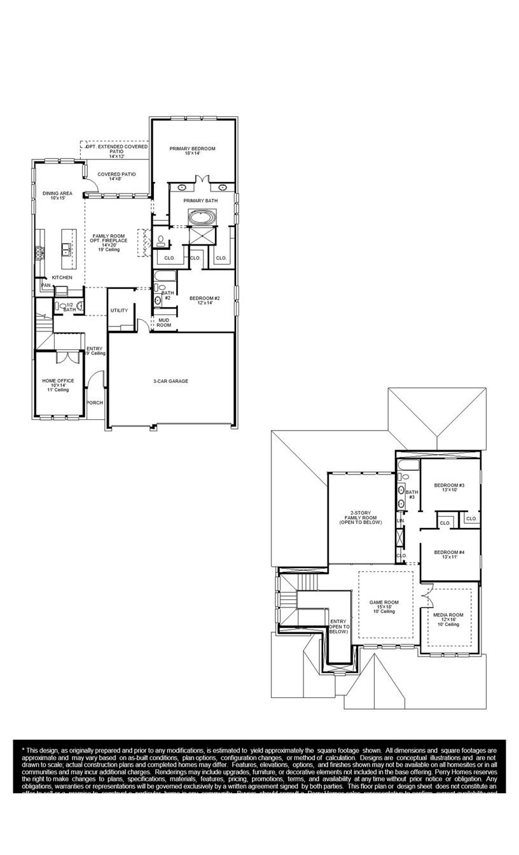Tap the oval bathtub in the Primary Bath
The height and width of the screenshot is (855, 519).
point(202,218)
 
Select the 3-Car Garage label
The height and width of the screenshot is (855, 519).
point(170,381)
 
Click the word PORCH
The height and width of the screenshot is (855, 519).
point(95,403)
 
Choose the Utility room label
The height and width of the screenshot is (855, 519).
point(119,310)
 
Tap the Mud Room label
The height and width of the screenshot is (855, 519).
point(164,323)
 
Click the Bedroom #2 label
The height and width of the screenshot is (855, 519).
point(205,300)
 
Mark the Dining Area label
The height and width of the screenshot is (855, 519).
point(57,195)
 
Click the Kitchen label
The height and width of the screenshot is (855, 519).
point(62,277)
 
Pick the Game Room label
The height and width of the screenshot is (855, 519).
point(384,606)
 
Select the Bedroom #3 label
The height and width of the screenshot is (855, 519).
point(449,487)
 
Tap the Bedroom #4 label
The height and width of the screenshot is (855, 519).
point(449,554)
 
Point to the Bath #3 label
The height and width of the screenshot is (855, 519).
point(412,494)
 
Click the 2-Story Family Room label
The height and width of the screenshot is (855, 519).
point(359,517)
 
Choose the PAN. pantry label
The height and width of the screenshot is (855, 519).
point(46,286)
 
